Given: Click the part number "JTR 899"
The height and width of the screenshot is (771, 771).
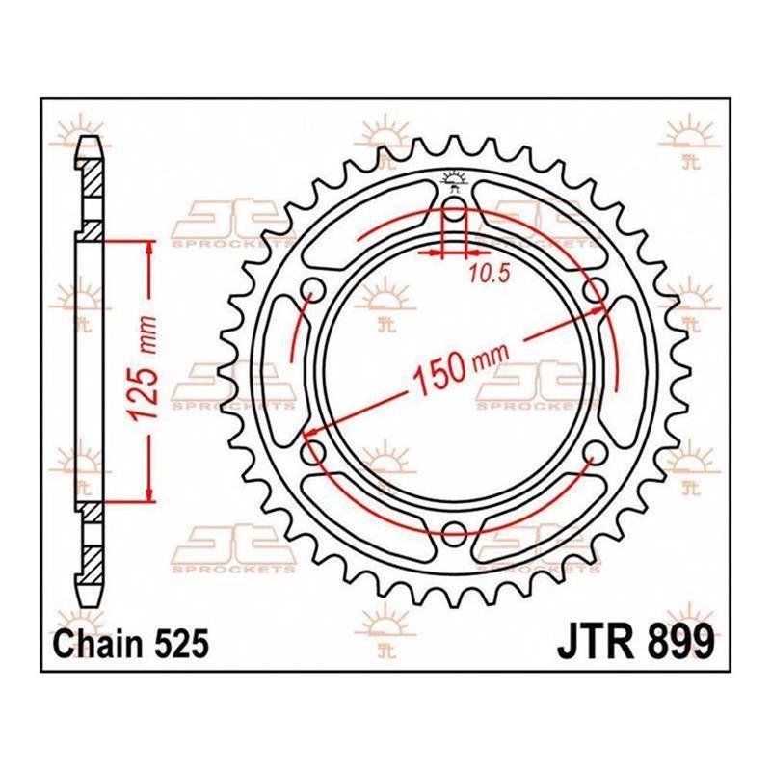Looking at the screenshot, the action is tap(635, 641).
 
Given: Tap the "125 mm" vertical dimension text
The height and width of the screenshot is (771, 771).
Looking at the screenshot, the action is tap(146, 368).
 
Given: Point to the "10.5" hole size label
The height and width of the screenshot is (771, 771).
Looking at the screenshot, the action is tap(488, 275).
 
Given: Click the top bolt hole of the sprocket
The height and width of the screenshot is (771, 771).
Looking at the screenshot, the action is tap(454, 204).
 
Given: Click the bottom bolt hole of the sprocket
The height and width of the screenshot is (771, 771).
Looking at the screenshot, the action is tap(453, 529).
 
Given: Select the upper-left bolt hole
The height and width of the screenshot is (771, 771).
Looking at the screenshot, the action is tap(313, 288).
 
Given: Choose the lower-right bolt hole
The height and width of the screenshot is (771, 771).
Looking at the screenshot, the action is tap(595, 450).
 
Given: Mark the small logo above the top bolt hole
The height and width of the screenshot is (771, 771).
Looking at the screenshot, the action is tap(454, 178).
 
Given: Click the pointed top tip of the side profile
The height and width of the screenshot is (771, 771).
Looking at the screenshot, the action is tap(90, 136).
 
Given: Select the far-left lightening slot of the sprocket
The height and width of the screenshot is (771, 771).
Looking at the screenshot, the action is tap(282, 370).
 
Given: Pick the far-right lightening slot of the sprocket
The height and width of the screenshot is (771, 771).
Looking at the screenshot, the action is tap(625, 370).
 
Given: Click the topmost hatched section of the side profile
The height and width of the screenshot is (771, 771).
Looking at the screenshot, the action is tap(92, 179).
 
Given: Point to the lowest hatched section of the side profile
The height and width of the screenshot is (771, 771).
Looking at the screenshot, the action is tap(92, 560).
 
